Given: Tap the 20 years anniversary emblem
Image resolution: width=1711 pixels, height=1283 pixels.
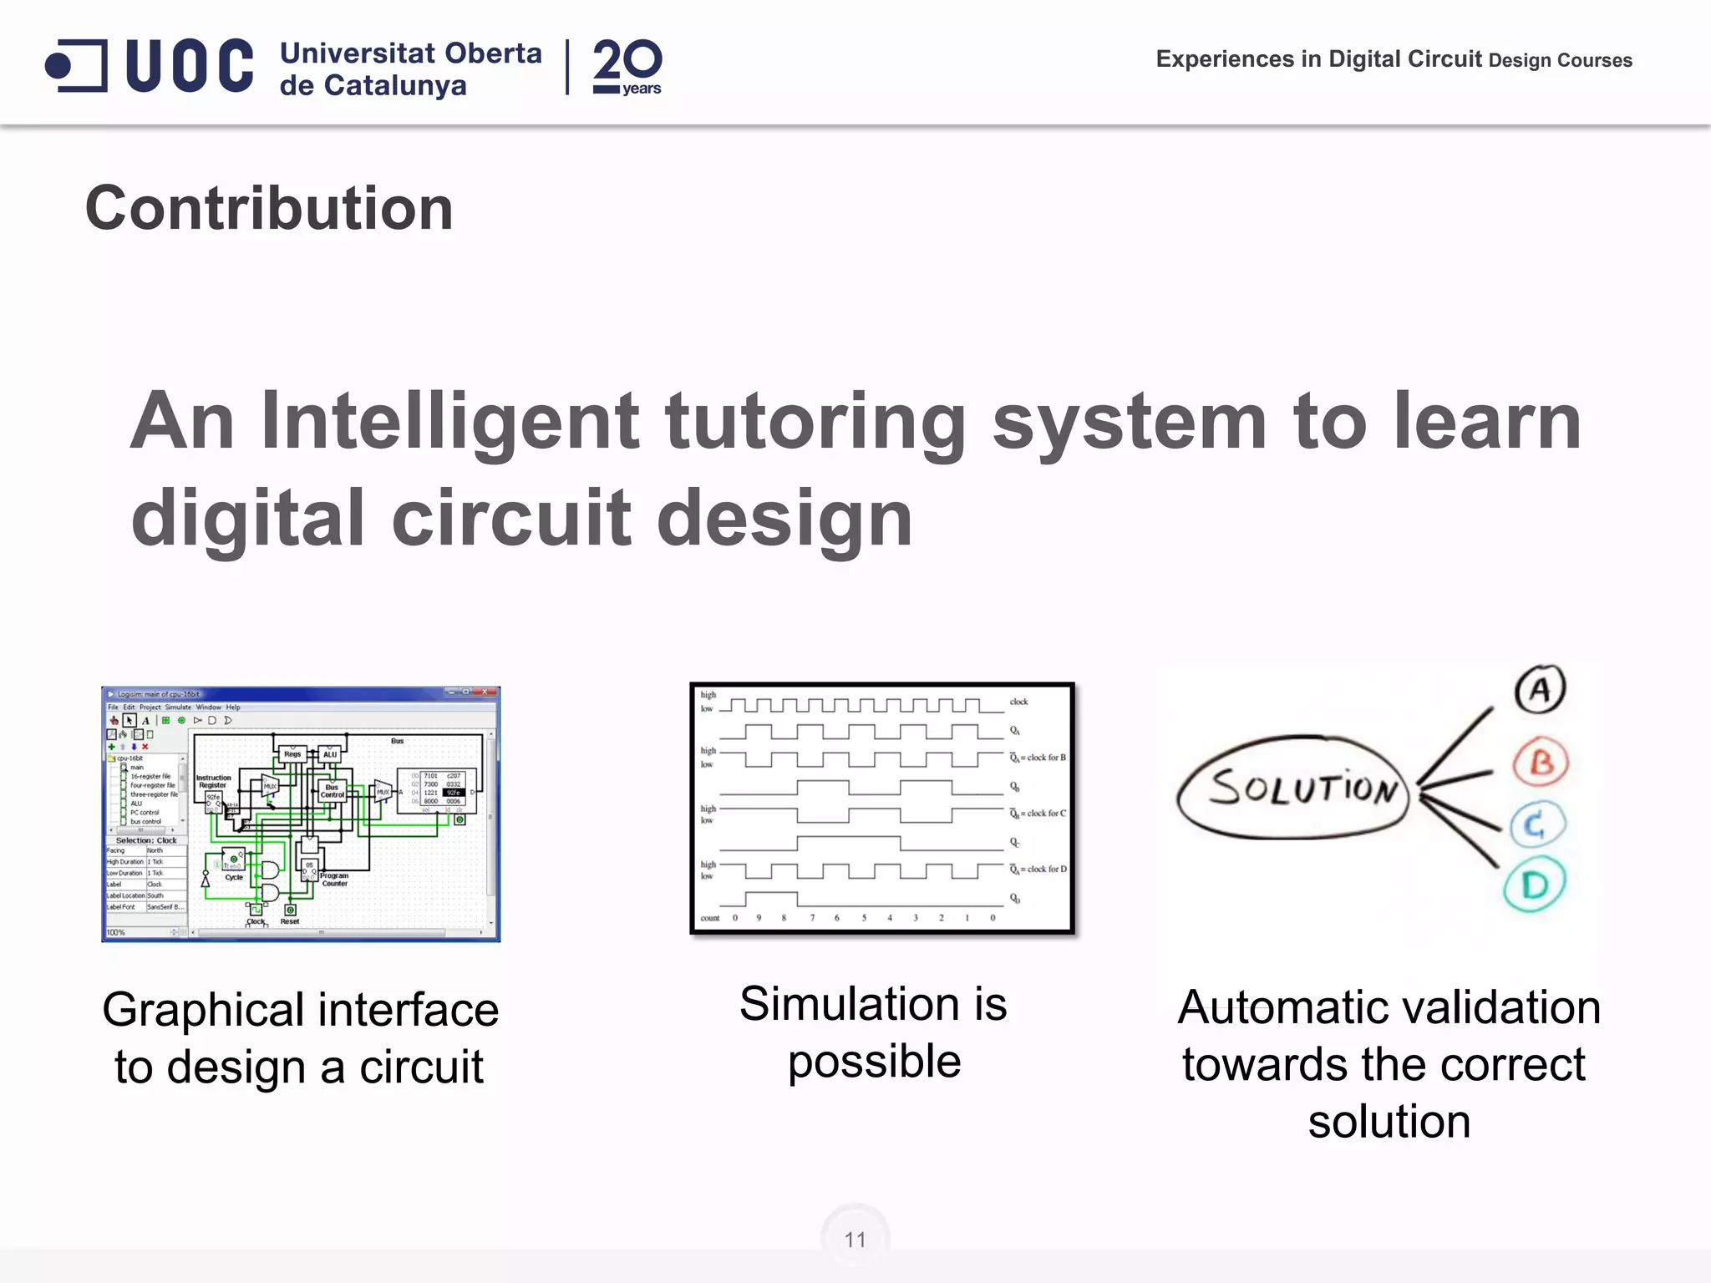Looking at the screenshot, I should pyautogui.click(x=627, y=67).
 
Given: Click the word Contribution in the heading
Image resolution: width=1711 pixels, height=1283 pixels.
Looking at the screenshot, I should pyautogui.click(x=269, y=208).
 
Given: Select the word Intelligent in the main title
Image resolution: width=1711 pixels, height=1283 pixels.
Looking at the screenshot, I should pyautogui.click(x=450, y=421).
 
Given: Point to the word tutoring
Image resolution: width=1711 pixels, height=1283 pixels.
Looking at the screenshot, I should pyautogui.click(x=815, y=421).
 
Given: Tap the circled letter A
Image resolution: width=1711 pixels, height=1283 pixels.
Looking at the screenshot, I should pyautogui.click(x=1539, y=690).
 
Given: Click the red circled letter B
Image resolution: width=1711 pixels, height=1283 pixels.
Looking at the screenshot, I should pyautogui.click(x=1541, y=762).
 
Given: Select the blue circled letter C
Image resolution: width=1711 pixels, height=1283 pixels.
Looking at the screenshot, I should pyautogui.click(x=1536, y=825).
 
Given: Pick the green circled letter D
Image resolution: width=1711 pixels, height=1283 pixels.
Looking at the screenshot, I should pyautogui.click(x=1535, y=885).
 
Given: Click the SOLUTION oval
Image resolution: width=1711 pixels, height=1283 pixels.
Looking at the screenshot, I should pyautogui.click(x=1292, y=788).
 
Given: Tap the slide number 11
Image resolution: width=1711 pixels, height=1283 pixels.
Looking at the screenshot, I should pyautogui.click(x=855, y=1240).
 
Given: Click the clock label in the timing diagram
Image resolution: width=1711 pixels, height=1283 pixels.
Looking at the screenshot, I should pyautogui.click(x=1018, y=702).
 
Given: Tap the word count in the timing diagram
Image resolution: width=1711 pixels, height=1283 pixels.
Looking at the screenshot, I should pyautogui.click(x=709, y=918).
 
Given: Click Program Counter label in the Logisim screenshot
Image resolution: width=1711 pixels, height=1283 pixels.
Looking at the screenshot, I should pyautogui.click(x=334, y=880).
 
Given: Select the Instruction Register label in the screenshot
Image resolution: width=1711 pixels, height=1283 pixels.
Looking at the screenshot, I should pyautogui.click(x=213, y=782).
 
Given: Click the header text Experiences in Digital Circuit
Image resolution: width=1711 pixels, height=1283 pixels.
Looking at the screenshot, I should pyautogui.click(x=1318, y=59).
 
